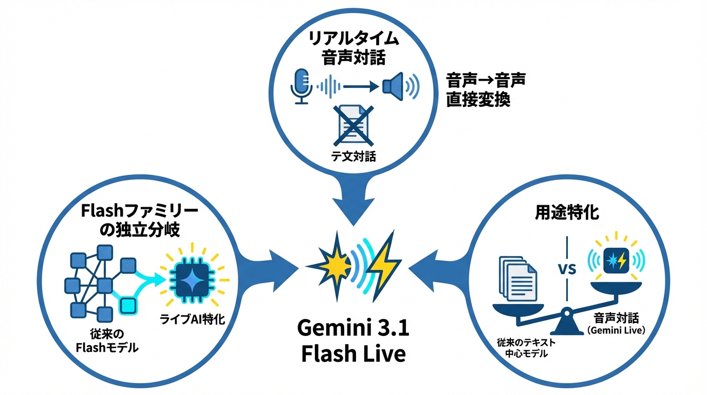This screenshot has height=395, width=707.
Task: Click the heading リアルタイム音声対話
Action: (353, 48)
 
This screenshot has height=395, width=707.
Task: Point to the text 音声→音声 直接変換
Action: (485, 89)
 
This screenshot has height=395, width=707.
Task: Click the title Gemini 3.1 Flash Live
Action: (354, 340)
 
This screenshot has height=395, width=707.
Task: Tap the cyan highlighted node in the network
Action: (127, 307)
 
